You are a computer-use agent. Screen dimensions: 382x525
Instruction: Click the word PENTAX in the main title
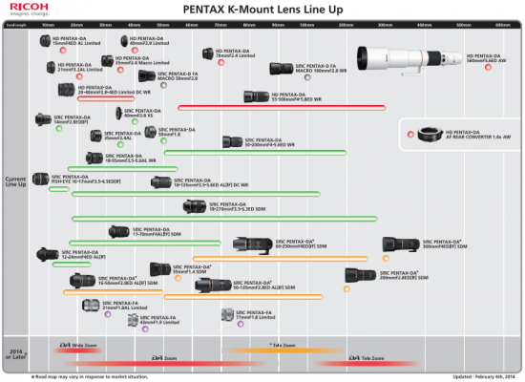pyautogui.click(x=203, y=11)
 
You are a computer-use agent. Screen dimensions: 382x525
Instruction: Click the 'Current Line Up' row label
pyautogui.click(x=16, y=180)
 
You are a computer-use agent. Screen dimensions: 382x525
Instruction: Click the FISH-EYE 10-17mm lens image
pyautogui.click(x=39, y=179)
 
